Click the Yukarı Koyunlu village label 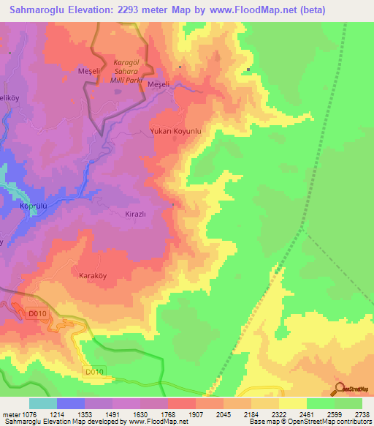pyautogui.click(x=180, y=132)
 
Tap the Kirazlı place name pyautogui.click(x=132, y=214)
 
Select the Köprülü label pyautogui.click(x=32, y=207)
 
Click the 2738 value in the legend pyautogui.click(x=363, y=414)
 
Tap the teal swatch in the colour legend pyautogui.click(x=43, y=403)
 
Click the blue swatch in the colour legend pyautogui.click(x=71, y=403)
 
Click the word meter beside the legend pyautogui.click(x=11, y=414)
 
